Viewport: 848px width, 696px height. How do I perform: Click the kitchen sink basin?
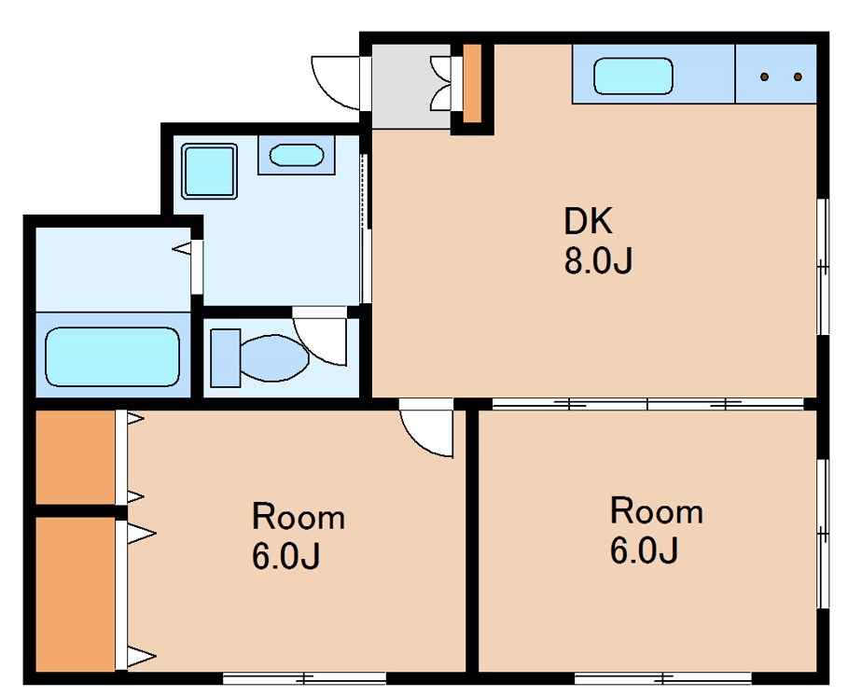coord(633,77)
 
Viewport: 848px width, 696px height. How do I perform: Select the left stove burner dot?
coord(764,77)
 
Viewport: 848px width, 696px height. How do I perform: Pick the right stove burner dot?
coord(798,77)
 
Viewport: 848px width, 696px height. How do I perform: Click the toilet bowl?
coord(274,357)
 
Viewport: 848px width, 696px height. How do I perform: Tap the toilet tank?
coord(225,357)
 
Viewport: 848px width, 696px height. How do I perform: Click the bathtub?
coord(113,356)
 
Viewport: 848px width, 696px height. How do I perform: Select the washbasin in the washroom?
coord(297,155)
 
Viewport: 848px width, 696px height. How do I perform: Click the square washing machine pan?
coord(209,171)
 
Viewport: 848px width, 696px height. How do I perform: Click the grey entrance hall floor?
coord(411,87)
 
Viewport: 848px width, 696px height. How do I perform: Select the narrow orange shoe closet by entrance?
coord(472,83)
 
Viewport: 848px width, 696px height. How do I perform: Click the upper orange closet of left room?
coord(76,457)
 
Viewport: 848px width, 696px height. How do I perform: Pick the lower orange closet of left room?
coord(76,594)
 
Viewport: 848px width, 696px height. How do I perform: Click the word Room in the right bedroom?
coord(657,511)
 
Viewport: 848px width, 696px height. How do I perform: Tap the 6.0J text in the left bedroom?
coord(285,556)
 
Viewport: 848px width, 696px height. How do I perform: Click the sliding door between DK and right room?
coord(647,403)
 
